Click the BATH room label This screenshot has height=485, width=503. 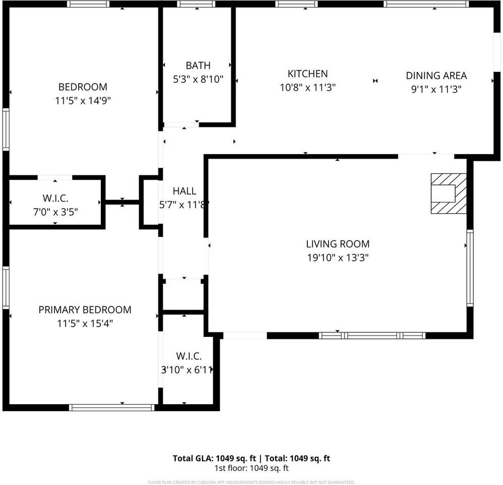(198, 65)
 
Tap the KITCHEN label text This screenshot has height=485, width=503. (307, 74)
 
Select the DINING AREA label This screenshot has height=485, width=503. (436, 76)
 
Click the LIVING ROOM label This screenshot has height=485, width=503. (338, 244)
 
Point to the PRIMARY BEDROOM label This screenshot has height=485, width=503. (85, 310)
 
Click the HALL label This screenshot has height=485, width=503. (184, 191)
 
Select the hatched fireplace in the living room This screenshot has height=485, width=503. (448, 193)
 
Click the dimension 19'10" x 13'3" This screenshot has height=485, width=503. (338, 258)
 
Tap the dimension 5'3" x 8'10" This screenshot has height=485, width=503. (198, 79)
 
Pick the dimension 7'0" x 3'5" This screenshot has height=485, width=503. (55, 212)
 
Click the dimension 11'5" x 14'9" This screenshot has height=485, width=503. (83, 101)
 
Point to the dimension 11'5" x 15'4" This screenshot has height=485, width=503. (85, 323)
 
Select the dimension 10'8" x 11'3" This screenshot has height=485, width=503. (308, 87)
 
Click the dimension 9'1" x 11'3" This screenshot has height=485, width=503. (436, 89)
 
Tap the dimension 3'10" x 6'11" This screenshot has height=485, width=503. (186, 370)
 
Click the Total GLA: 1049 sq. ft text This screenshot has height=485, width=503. (215, 459)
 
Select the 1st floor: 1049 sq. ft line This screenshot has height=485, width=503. (251, 468)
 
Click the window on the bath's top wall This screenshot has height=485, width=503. (196, 4)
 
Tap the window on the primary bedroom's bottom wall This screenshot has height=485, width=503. (111, 407)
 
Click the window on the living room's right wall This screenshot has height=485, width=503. (470, 268)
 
